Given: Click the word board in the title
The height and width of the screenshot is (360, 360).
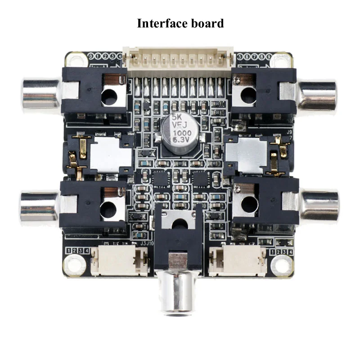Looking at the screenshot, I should (208, 23).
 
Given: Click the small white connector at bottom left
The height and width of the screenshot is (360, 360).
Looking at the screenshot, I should (120, 261).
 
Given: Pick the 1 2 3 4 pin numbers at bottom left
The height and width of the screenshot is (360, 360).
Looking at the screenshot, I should (77, 251).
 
